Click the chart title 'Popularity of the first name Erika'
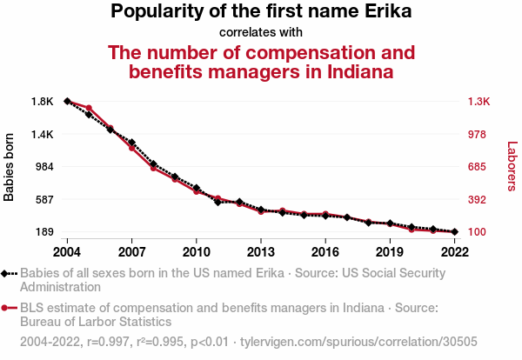coord(261,12)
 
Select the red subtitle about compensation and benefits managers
coord(261,61)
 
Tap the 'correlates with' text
coord(261,32)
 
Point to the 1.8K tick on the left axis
coord(43,102)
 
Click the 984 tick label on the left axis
coord(44,167)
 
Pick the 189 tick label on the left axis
coord(44,232)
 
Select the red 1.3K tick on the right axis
coord(479,102)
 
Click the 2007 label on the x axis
coord(131,251)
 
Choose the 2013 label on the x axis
coord(260,251)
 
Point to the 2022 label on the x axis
coord(454,251)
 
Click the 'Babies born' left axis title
coord(10,167)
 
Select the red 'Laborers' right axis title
coord(512,166)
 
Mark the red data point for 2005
coord(89,108)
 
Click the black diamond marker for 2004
coord(67,101)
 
